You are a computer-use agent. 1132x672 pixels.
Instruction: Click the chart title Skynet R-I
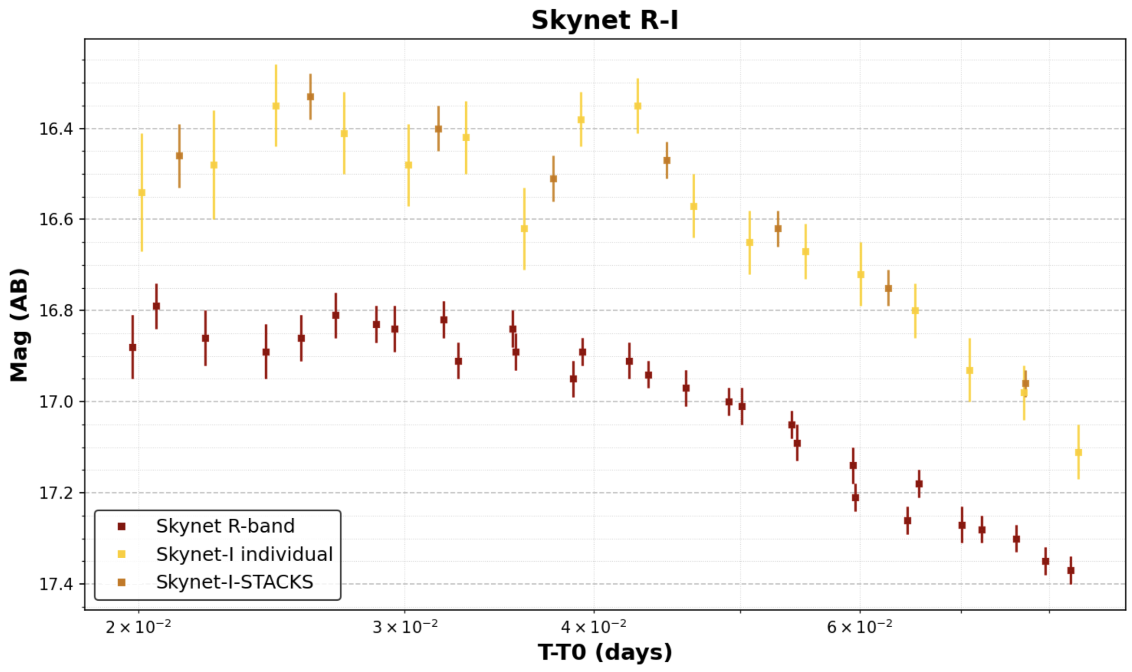605,20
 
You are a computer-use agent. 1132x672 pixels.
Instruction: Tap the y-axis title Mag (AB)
19,325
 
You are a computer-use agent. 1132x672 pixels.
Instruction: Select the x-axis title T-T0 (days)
605,652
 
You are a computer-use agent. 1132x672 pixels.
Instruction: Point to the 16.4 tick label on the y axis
56,129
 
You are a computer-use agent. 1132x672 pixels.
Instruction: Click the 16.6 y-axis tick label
56,219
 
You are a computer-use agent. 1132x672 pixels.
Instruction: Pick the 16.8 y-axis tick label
56,310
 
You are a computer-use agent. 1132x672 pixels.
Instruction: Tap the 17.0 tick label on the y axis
56,402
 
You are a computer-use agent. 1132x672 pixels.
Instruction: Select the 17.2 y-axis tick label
56,493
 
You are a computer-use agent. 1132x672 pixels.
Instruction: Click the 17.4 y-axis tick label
56,584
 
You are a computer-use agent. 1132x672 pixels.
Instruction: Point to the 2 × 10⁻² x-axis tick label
138,627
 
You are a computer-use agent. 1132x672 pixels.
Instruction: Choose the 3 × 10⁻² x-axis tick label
405,627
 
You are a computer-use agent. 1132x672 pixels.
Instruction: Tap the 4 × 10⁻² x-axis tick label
593,627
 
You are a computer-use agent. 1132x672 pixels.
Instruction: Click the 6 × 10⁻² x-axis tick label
860,627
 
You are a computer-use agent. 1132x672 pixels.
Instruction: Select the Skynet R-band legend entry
225,526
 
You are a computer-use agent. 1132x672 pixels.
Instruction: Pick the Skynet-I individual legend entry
244,554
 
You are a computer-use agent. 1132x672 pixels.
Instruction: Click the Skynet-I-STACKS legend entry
234,582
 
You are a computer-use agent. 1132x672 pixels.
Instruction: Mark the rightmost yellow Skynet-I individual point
1078,452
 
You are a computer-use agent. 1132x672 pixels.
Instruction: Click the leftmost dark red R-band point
133,347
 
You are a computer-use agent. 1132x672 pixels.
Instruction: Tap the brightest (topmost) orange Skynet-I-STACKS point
310,97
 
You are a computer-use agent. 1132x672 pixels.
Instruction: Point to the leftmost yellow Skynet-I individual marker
142,193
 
